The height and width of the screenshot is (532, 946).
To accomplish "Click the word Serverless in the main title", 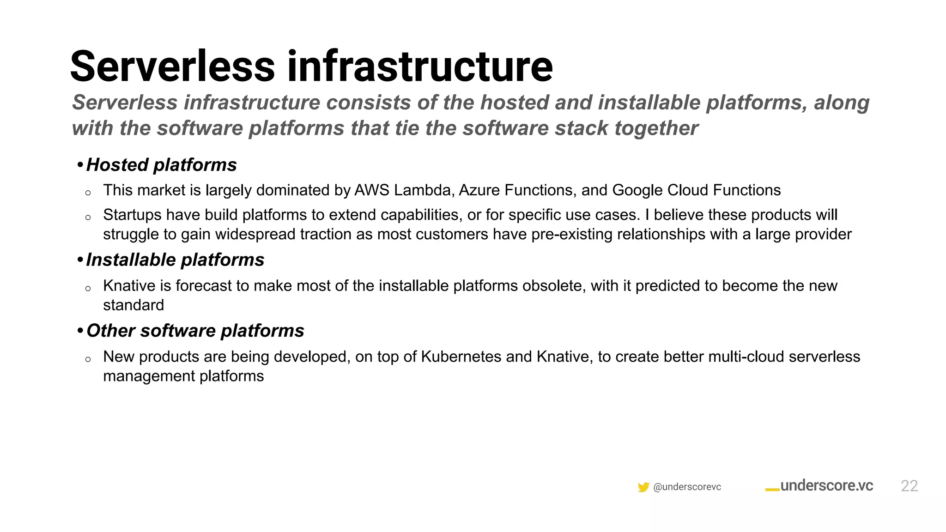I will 172,67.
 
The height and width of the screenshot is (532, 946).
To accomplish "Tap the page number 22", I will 909,486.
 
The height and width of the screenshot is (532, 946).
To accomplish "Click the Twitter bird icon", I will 643,487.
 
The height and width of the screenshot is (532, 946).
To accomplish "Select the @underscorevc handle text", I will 687,487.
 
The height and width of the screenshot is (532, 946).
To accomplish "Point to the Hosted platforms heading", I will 161,165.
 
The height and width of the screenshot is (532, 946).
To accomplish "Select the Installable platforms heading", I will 175,260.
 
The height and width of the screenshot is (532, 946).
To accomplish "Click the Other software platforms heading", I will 195,331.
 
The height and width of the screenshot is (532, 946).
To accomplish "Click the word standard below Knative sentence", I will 133,305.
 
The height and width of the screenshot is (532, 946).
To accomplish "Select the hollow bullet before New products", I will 88,359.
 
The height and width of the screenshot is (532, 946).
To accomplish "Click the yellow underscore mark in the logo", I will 772,490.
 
